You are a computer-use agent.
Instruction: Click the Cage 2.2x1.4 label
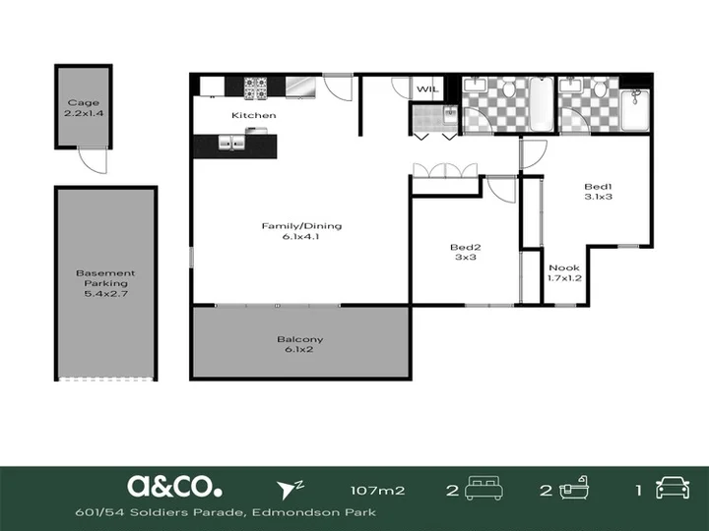(84, 108)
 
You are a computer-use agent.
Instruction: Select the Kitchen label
(254, 115)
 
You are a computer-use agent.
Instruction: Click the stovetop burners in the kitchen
(255, 88)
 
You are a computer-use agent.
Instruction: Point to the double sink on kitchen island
(231, 143)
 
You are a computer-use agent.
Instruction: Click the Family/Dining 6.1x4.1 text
(301, 231)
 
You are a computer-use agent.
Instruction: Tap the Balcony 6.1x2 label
(299, 344)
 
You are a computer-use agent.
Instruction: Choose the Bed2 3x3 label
(465, 252)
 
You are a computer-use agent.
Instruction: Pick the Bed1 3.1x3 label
(599, 192)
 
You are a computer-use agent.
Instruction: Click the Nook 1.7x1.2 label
(564, 272)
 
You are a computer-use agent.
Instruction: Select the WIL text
(427, 88)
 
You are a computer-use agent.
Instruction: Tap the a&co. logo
(174, 487)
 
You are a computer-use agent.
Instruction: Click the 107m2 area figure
(377, 491)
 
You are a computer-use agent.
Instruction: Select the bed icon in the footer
(483, 488)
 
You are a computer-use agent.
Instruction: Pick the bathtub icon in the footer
(574, 488)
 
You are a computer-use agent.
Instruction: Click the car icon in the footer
(673, 488)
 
